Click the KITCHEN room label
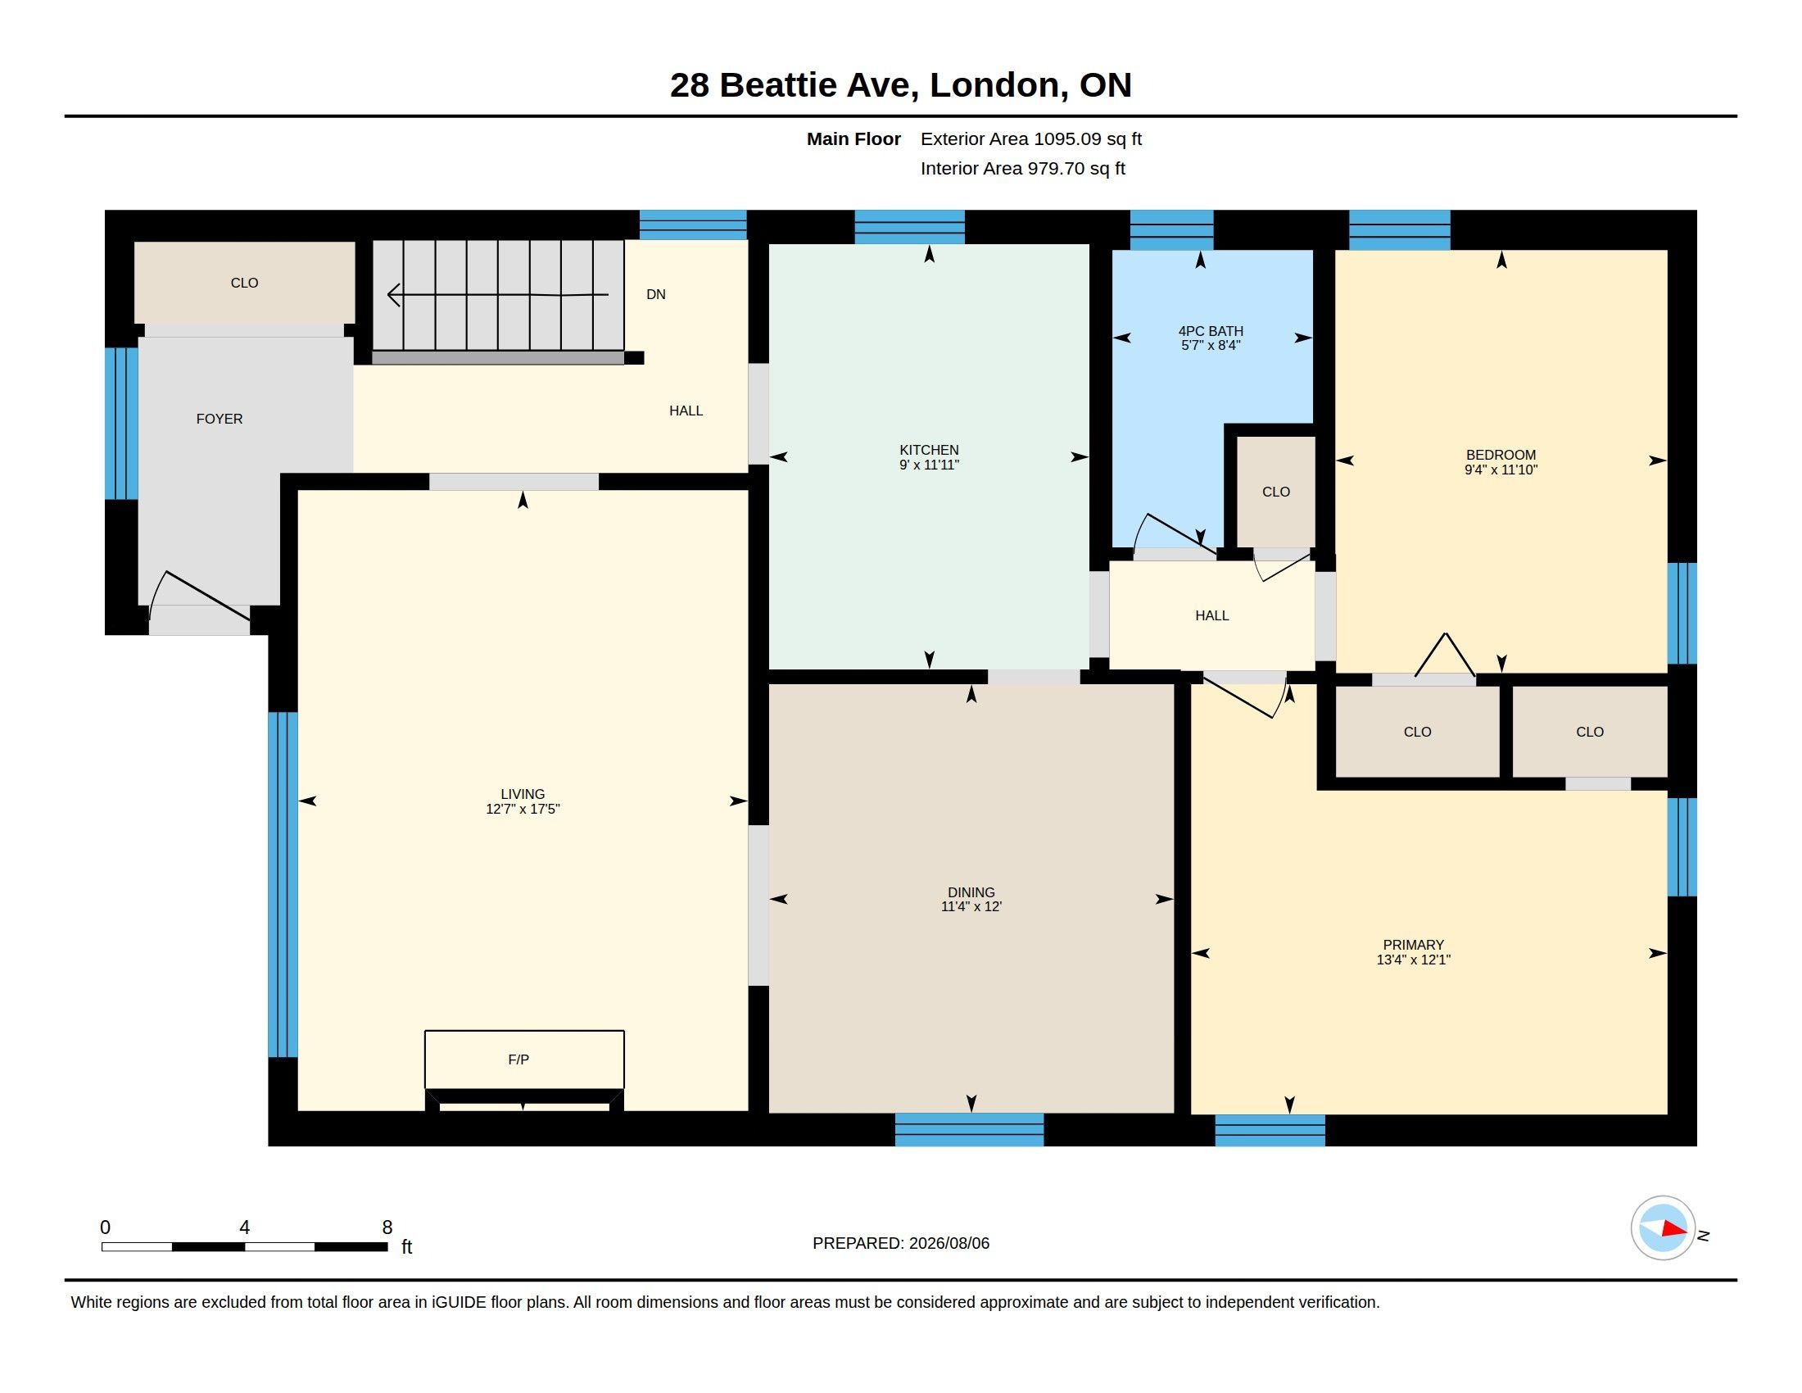click(929, 450)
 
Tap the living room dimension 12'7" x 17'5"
click(523, 809)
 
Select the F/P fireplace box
click(524, 1059)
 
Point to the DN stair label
click(656, 295)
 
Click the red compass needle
click(1673, 1229)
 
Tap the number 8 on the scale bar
click(387, 1227)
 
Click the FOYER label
click(220, 420)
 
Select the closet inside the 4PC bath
click(1275, 492)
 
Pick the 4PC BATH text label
click(1211, 331)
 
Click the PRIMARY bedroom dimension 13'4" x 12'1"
click(1414, 960)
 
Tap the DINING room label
click(971, 892)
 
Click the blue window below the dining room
click(970, 1129)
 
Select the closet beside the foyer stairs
click(244, 282)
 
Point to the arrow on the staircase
click(497, 295)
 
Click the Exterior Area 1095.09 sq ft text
click(1030, 138)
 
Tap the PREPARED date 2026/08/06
click(949, 1243)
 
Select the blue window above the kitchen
click(909, 227)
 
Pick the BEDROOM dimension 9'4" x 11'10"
click(1501, 470)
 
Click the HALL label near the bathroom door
click(1212, 615)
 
